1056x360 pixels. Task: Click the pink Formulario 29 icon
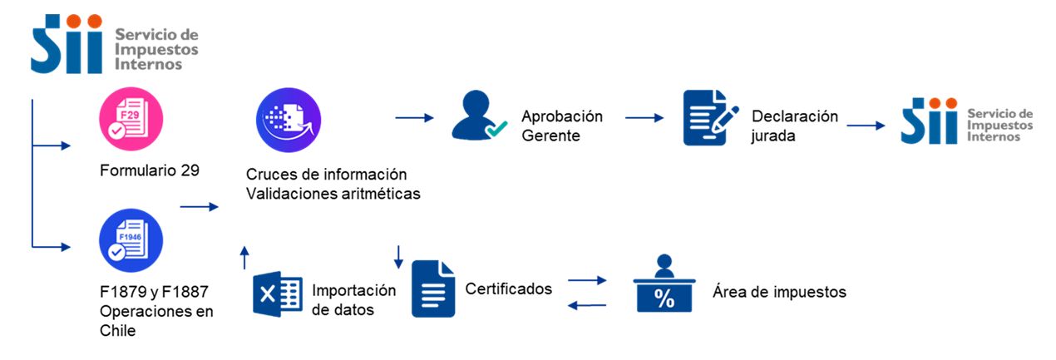point(131,120)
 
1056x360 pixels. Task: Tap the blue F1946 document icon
point(131,241)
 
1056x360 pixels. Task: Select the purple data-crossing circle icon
point(289,120)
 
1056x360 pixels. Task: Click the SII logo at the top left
point(115,43)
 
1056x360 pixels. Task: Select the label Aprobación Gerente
point(562,126)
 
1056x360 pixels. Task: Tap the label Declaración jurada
point(794,126)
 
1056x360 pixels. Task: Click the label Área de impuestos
point(779,292)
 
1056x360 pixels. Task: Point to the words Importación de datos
point(354,300)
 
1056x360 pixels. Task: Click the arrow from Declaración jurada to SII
point(866,126)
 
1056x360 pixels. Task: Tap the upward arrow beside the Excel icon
point(244,257)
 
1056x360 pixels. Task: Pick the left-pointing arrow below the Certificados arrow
point(586,306)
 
